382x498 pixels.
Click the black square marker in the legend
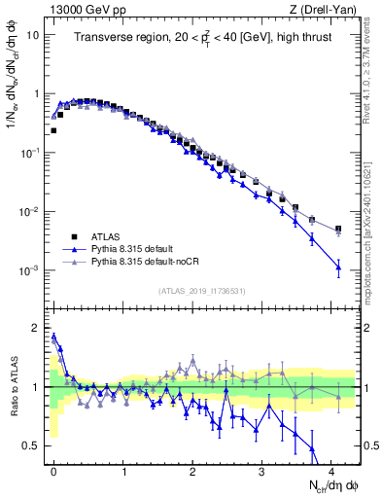tap(74, 235)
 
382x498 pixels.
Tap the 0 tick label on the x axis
tap(54, 471)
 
